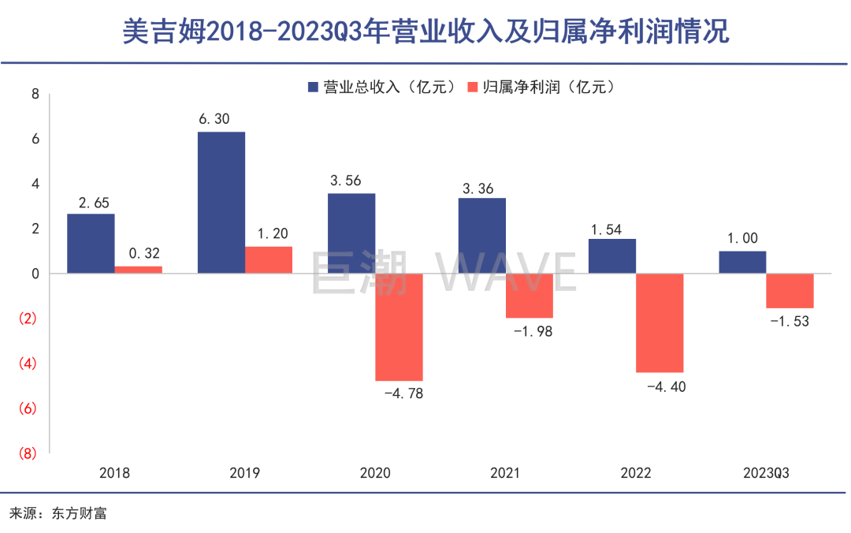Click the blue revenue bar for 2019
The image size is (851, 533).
point(221,203)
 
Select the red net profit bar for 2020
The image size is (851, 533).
point(399,327)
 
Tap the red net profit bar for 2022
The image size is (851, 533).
point(660,322)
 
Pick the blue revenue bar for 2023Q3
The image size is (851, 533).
point(742,263)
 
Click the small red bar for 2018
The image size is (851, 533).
point(139,270)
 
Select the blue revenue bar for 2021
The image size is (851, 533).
point(481,236)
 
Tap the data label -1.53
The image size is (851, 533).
point(790,321)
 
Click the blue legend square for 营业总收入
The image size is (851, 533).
point(313,87)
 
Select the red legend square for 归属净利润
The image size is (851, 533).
point(473,87)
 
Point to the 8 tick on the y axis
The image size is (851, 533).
point(35,94)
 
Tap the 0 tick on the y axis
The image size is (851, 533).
point(35,274)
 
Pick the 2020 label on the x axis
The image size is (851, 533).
point(374,473)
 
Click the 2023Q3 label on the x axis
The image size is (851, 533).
point(766,473)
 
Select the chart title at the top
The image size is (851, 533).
point(425,32)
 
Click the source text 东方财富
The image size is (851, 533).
point(80,513)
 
